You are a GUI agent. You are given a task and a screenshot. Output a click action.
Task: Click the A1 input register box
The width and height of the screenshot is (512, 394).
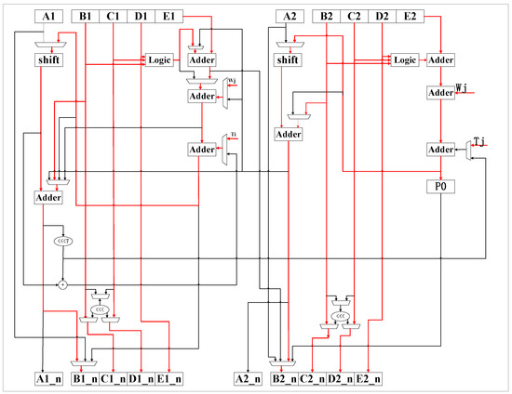(49, 17)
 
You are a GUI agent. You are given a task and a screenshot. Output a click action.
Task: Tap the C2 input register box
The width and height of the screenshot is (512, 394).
(355, 17)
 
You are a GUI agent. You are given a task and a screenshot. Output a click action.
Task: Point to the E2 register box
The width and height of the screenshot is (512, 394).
(409, 17)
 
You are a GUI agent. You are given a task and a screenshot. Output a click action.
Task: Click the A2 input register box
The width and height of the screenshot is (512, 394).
(290, 17)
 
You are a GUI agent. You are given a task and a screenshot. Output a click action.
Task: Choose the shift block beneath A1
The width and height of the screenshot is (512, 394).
(48, 59)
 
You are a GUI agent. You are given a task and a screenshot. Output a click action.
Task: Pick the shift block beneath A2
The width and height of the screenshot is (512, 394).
(290, 59)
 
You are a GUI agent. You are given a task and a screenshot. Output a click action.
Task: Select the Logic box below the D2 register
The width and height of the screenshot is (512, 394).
(405, 59)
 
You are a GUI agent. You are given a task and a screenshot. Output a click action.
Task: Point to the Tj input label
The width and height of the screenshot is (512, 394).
(479, 140)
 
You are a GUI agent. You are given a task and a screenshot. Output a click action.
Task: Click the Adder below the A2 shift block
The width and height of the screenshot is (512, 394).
(290, 134)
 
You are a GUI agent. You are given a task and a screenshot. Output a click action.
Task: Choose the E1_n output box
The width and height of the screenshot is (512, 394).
(168, 378)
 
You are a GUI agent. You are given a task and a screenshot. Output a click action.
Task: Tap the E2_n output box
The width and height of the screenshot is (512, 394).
(370, 378)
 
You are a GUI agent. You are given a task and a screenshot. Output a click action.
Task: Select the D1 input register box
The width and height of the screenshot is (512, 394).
(141, 17)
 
